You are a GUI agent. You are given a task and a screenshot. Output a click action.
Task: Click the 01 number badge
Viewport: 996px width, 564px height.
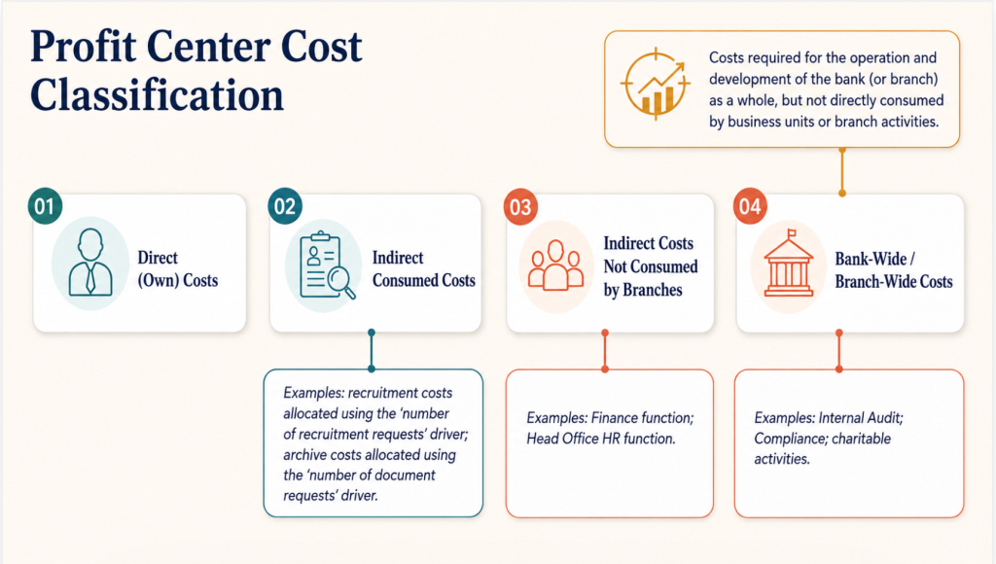pyautogui.click(x=45, y=206)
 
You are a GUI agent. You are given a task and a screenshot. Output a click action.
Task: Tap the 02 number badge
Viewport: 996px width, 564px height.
pyautogui.click(x=285, y=206)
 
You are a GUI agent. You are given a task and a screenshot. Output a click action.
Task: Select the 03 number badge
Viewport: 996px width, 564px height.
pyautogui.click(x=521, y=206)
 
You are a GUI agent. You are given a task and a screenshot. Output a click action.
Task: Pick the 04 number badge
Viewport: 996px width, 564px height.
pyautogui.click(x=750, y=206)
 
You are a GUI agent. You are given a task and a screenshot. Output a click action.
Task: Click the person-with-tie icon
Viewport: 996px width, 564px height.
pyautogui.click(x=90, y=263)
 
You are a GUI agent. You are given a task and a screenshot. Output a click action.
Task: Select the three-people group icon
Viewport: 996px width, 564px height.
pyautogui.click(x=555, y=264)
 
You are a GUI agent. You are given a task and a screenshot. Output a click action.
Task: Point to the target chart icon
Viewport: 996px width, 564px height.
pyautogui.click(x=656, y=85)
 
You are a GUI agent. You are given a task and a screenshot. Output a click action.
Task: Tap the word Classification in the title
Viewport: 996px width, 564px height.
pyautogui.click(x=157, y=94)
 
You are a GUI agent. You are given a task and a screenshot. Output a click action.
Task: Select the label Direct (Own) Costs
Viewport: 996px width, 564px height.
pyautogui.click(x=178, y=268)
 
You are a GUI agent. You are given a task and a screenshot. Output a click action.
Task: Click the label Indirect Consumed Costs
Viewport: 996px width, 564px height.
pyautogui.click(x=424, y=268)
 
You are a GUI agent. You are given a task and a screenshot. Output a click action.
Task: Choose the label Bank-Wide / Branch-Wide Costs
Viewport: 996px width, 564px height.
pyautogui.click(x=894, y=270)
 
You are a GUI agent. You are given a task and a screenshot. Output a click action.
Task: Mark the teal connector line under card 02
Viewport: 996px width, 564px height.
pyautogui.click(x=372, y=351)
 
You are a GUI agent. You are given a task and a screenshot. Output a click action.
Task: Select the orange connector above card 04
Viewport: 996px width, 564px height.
pyautogui.click(x=842, y=171)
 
